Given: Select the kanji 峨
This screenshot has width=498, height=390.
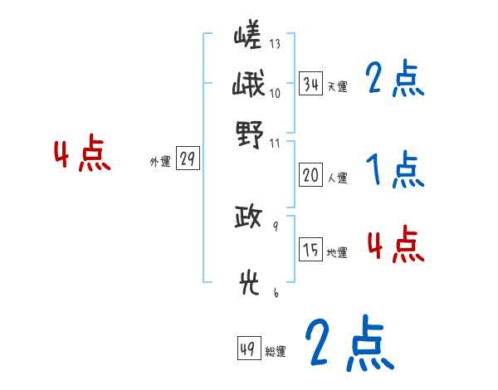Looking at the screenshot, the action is (x=248, y=85).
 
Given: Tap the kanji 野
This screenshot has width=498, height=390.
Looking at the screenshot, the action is (x=249, y=133).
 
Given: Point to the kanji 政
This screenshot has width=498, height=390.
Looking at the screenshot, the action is (x=248, y=219).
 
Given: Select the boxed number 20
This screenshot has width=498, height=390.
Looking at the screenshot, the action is (x=310, y=175).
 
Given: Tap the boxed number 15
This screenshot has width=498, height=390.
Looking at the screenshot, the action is (x=311, y=250).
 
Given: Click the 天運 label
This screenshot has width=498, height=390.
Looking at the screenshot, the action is (x=337, y=85).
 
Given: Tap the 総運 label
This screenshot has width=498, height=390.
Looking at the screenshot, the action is (x=276, y=352).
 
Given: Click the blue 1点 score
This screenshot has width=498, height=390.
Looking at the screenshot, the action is (x=395, y=171).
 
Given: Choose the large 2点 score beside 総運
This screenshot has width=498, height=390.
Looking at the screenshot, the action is (x=348, y=342).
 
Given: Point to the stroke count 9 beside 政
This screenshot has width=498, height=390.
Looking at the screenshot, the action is (x=275, y=226).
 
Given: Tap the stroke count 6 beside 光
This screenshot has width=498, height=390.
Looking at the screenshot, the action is (x=275, y=292).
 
